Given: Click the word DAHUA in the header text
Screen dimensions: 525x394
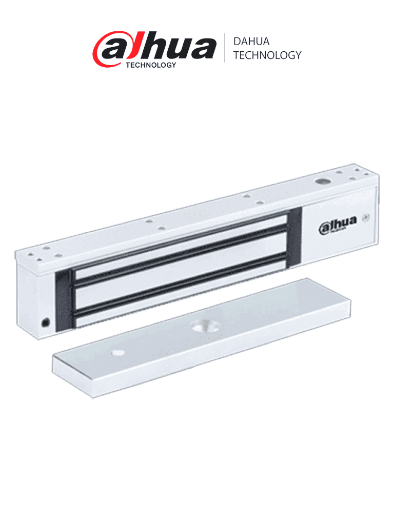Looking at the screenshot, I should (x=251, y=42).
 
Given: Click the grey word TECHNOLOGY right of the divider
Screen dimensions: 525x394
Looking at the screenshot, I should (x=267, y=55).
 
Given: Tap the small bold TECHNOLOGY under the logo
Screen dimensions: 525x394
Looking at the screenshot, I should (x=151, y=65).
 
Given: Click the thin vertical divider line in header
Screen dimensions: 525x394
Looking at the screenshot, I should (x=224, y=48).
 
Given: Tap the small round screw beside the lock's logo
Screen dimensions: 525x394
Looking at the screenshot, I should (x=366, y=216).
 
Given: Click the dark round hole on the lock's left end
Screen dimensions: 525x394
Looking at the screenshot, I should (x=45, y=322).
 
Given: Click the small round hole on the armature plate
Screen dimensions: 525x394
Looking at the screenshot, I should (x=117, y=353).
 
